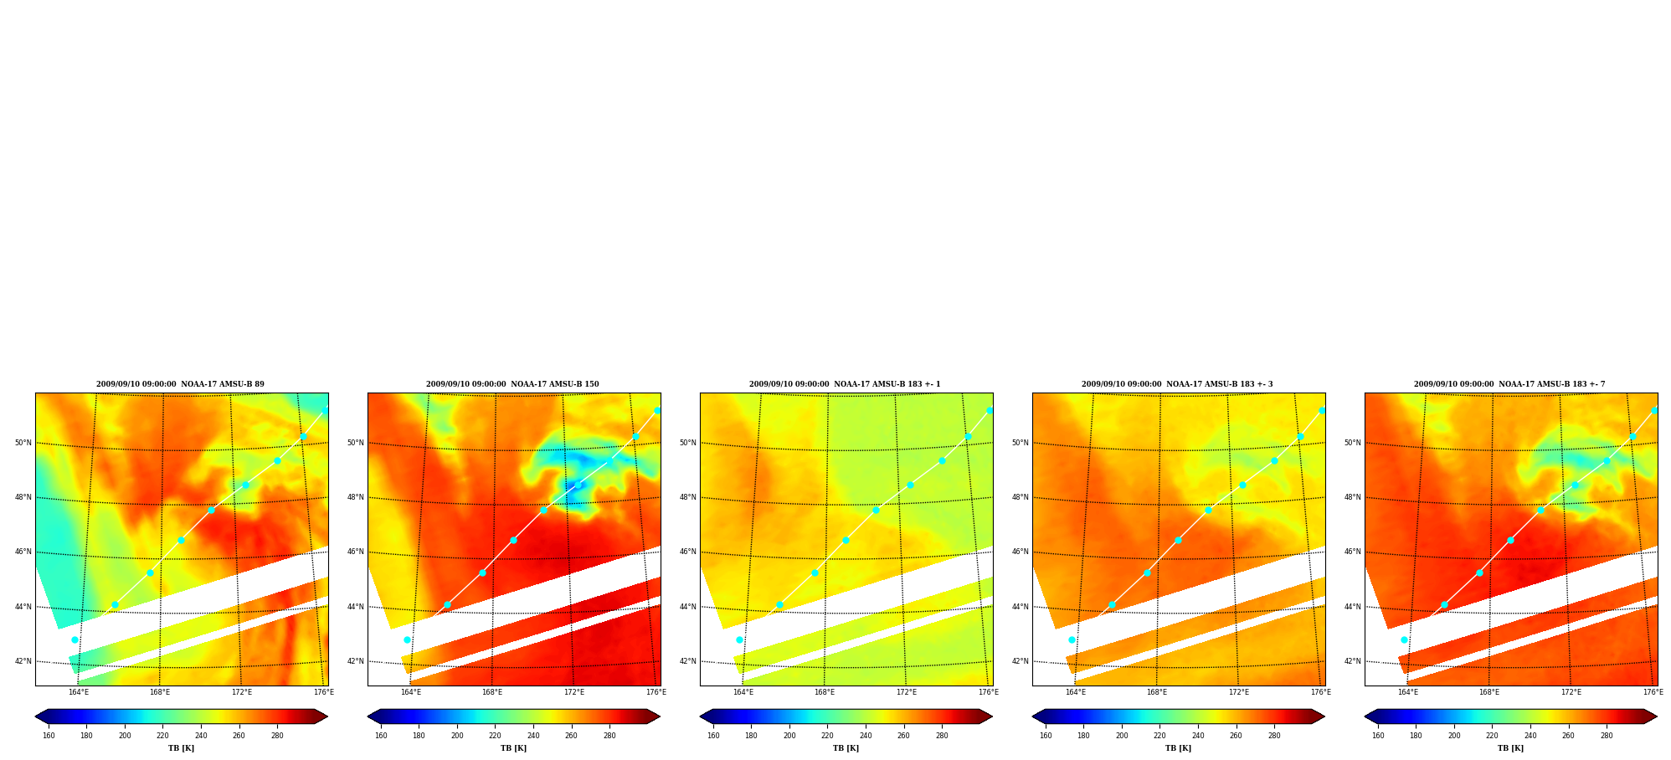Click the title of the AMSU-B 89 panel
[x=180, y=384]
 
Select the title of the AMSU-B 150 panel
[x=512, y=384]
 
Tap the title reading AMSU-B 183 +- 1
[x=845, y=384]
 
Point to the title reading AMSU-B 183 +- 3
[x=1177, y=384]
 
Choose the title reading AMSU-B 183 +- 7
[x=1509, y=384]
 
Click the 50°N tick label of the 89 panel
[x=23, y=443]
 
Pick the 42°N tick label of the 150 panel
[x=355, y=661]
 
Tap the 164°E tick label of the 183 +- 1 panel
[x=743, y=692]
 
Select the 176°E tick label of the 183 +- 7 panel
[x=1653, y=692]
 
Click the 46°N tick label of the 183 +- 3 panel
[x=1020, y=552]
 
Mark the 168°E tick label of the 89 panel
[x=160, y=692]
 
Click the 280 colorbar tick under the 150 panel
[x=609, y=736]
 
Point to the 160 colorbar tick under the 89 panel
[x=49, y=736]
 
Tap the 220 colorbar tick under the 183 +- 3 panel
[x=1159, y=736]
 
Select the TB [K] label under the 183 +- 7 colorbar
[x=1510, y=748]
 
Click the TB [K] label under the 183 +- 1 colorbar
[x=846, y=748]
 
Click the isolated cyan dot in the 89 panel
[x=75, y=639]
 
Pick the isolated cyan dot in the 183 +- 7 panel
[x=1404, y=639]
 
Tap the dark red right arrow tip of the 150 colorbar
[x=659, y=716]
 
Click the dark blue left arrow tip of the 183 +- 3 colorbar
[x=1034, y=716]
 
